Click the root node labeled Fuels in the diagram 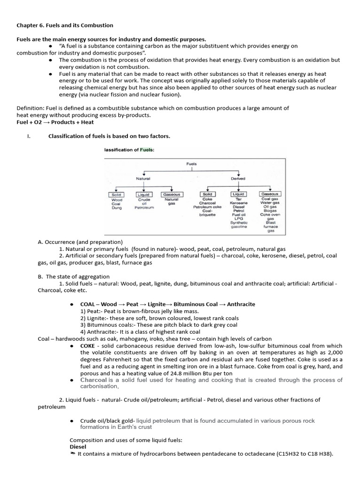[x=191, y=164]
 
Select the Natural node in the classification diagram [x=143, y=178]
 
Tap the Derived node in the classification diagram [x=238, y=178]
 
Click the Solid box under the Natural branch [x=116, y=194]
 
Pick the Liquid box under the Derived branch [x=238, y=194]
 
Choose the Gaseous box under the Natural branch [x=171, y=194]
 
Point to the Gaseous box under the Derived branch [x=270, y=194]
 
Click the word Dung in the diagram [x=116, y=208]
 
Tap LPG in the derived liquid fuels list [x=238, y=218]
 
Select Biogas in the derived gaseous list [x=270, y=211]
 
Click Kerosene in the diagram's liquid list [x=238, y=203]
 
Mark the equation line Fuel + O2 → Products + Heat [x=55, y=122]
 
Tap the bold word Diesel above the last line [x=78, y=446]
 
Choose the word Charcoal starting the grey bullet [x=94, y=380]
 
